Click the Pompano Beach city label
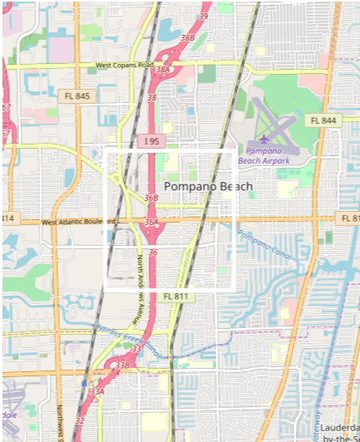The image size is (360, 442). click(x=208, y=186)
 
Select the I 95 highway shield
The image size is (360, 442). click(x=150, y=142)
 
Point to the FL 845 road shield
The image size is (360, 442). click(x=76, y=96)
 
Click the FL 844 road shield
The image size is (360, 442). click(x=323, y=120)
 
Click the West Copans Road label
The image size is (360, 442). click(x=125, y=65)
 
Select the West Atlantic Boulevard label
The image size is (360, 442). click(x=78, y=222)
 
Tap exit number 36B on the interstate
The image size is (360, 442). click(x=150, y=199)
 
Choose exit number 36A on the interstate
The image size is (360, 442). click(x=150, y=223)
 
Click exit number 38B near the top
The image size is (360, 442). click(x=188, y=37)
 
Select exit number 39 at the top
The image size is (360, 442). click(x=204, y=17)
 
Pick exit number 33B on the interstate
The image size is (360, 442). click(x=123, y=365)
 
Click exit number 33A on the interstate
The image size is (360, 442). click(x=97, y=391)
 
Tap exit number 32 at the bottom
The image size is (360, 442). click(x=79, y=421)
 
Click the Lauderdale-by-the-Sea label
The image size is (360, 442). click(x=340, y=431)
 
